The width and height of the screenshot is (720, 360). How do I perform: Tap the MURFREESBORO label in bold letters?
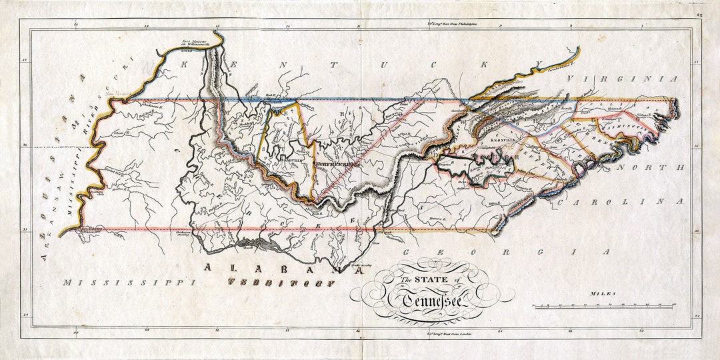pyautogui.click(x=337, y=161)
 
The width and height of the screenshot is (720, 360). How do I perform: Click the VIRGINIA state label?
pyautogui.click(x=621, y=79)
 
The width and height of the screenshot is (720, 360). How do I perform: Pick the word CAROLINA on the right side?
pyautogui.click(x=621, y=201)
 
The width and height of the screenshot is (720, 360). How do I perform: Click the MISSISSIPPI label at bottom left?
pyautogui.click(x=129, y=283)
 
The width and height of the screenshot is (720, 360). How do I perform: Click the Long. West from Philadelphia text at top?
pyautogui.click(x=453, y=25)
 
